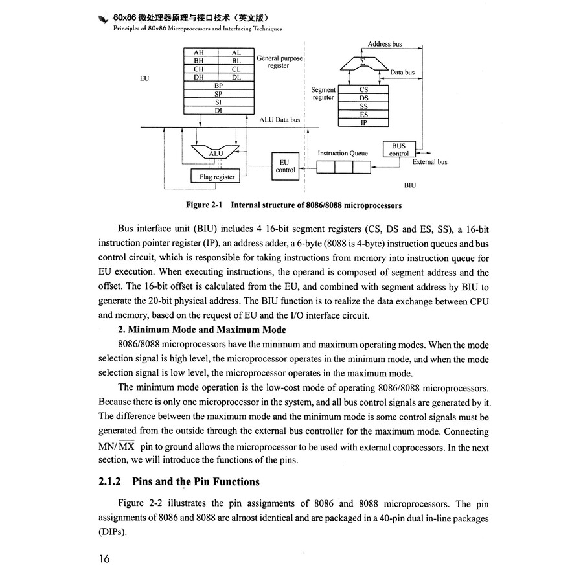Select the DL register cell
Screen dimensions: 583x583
click(236, 77)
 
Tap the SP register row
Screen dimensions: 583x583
click(218, 94)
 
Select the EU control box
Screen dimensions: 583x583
click(285, 166)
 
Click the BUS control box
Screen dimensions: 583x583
click(398, 150)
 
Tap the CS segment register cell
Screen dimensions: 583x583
click(364, 91)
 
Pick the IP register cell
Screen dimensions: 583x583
click(364, 122)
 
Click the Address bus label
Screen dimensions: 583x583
click(384, 44)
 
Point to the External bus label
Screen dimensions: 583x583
click(429, 162)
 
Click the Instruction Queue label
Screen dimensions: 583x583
click(343, 154)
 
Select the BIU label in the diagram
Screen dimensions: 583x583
click(409, 185)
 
